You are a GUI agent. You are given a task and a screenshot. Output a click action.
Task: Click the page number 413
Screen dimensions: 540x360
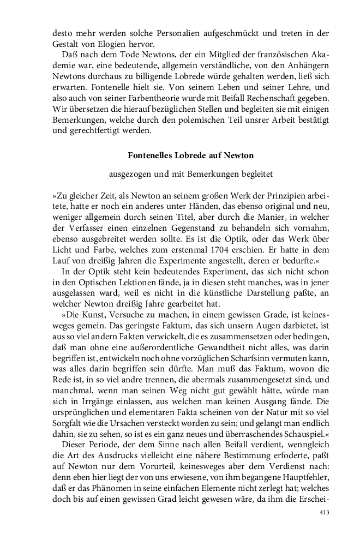325,513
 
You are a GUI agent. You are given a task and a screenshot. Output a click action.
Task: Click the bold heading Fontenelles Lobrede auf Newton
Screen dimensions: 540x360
190,155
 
